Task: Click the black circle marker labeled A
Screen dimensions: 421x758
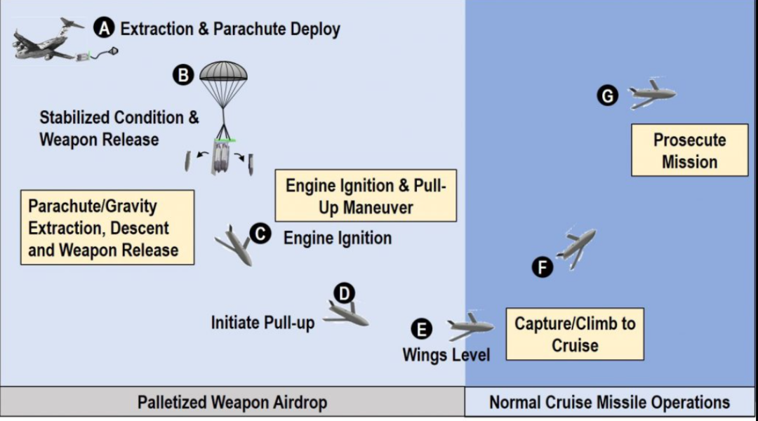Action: pyautogui.click(x=105, y=28)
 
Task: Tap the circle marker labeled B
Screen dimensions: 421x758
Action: pyautogui.click(x=183, y=75)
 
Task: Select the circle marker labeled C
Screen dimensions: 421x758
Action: pyautogui.click(x=260, y=234)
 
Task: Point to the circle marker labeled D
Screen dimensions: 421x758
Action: pyautogui.click(x=345, y=293)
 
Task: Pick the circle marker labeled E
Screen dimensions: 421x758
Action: pyautogui.click(x=420, y=329)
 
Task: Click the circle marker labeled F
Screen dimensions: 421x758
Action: pyautogui.click(x=542, y=267)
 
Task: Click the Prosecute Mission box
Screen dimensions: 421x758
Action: pyautogui.click(x=689, y=150)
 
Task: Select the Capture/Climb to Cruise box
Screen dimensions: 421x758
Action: pyautogui.click(x=575, y=334)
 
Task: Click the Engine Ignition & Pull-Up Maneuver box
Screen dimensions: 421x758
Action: pyautogui.click(x=366, y=196)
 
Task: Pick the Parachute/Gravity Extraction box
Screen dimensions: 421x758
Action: pyautogui.click(x=107, y=227)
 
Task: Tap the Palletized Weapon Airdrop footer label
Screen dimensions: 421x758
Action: pyautogui.click(x=232, y=403)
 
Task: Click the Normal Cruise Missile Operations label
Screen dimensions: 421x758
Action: pyautogui.click(x=609, y=403)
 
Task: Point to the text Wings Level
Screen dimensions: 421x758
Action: pyautogui.click(x=446, y=354)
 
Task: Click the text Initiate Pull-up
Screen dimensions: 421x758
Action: pyautogui.click(x=262, y=322)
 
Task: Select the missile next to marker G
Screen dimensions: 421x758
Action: pyautogui.click(x=651, y=94)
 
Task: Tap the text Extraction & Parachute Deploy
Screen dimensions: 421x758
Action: pyautogui.click(x=230, y=29)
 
